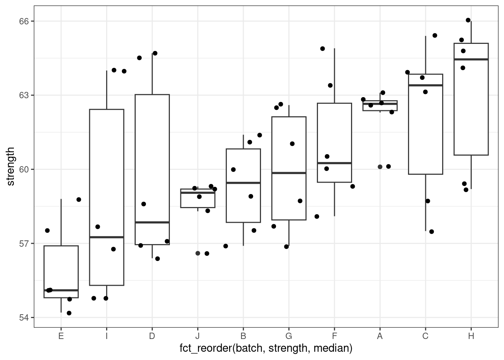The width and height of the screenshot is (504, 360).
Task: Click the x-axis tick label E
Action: point(61,336)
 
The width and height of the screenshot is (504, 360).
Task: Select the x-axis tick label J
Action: point(198,336)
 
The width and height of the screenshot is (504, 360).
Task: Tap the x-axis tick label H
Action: point(471,336)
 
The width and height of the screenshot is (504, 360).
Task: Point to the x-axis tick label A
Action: point(380,336)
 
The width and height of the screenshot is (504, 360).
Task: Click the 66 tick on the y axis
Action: point(24,21)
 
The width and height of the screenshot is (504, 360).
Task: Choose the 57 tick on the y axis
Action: point(24,243)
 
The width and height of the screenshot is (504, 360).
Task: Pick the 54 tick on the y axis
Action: point(24,318)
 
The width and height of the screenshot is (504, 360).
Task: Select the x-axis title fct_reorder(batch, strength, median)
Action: point(266,349)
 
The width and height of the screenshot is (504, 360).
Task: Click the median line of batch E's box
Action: point(61,290)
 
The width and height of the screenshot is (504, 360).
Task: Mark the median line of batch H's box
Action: point(471,59)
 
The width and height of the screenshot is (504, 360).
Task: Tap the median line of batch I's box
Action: point(106,237)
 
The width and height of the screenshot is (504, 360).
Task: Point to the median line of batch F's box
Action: point(334,163)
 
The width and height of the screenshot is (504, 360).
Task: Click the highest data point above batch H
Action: point(468,20)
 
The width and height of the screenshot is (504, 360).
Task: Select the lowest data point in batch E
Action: point(69,313)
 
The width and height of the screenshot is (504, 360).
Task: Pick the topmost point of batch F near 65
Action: point(322,49)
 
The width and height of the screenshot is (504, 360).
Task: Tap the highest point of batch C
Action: point(435,36)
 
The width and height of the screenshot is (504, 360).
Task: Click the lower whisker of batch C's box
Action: point(426,202)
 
